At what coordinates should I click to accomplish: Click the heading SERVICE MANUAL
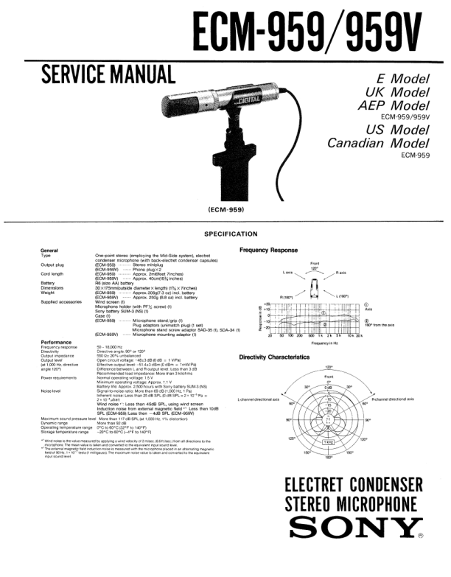pyautogui.click(x=108, y=74)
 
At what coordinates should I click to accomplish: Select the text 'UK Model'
pyautogui.click(x=397, y=91)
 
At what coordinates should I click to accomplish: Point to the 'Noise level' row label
pyautogui.click(x=53, y=391)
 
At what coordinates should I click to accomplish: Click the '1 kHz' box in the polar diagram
pyautogui.click(x=327, y=442)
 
